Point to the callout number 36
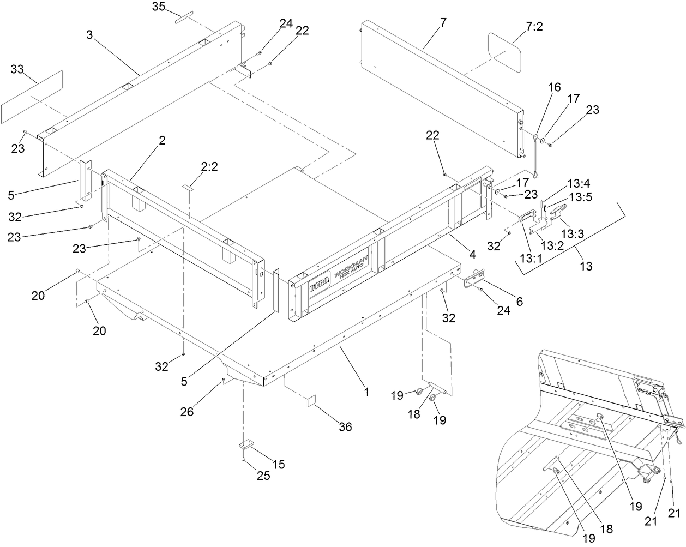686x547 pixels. click(345, 427)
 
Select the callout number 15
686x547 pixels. click(278, 464)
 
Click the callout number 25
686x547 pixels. click(263, 476)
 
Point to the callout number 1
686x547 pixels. click(367, 391)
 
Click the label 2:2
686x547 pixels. click(209, 169)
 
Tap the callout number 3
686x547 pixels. click(89, 34)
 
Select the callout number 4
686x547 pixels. click(471, 254)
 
